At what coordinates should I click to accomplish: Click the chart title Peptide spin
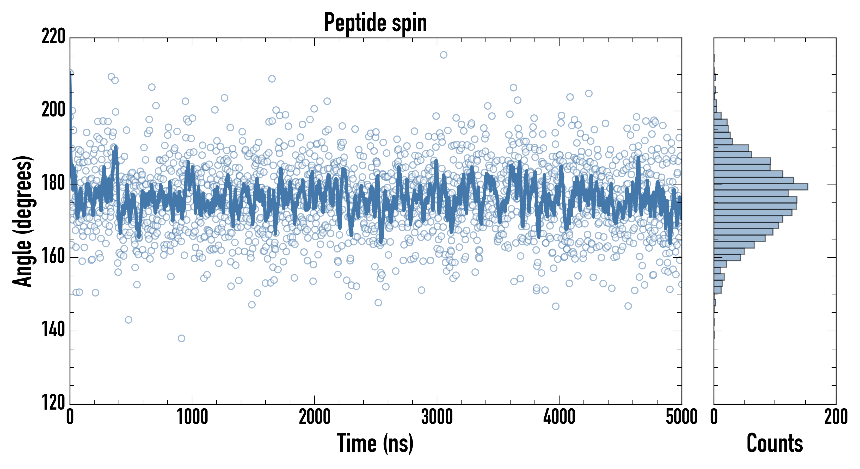(x=376, y=23)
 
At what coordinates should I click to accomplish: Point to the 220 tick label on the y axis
(x=53, y=37)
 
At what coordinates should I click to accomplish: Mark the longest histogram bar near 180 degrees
(x=761, y=187)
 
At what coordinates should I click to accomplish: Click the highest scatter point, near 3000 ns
(x=443, y=55)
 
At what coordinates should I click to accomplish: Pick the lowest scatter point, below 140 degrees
(x=181, y=338)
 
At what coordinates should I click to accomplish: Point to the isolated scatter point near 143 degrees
(x=128, y=320)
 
